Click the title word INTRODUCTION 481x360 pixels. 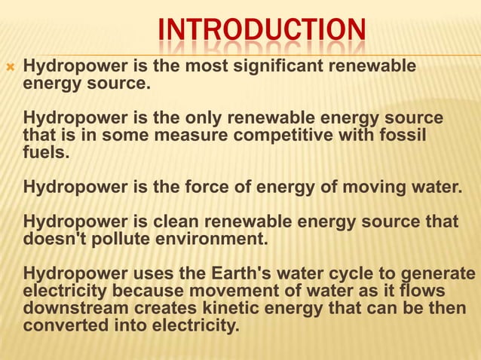coord(262,32)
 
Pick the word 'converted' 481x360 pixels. coord(61,326)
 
